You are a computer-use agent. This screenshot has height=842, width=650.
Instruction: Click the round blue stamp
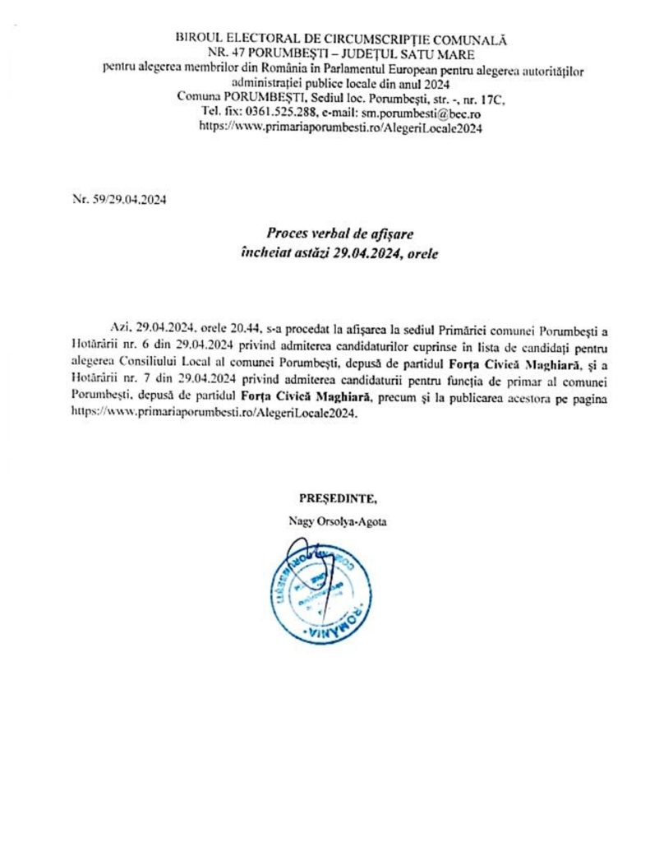click(318, 590)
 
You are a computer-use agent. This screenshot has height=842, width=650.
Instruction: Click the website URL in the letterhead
click(340, 127)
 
